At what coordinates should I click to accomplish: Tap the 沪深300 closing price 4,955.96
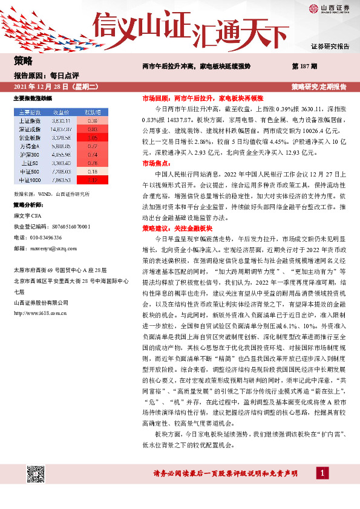point(62,154)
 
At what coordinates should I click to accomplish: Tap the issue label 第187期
point(305,65)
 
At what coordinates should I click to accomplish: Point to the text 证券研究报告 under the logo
point(330,47)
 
